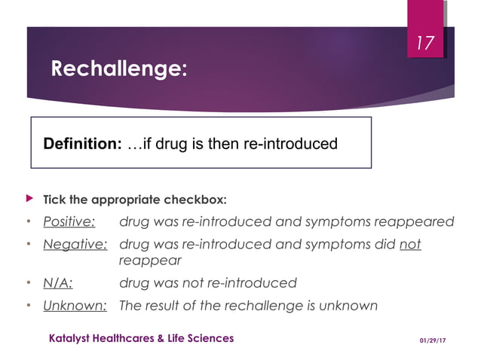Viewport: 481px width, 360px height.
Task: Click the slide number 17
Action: [426, 44]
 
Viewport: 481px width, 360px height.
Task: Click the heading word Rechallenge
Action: [118, 69]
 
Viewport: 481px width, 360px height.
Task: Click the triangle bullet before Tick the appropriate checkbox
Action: [30, 199]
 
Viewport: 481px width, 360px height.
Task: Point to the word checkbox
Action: [197, 200]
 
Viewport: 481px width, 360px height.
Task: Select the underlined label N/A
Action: [57, 283]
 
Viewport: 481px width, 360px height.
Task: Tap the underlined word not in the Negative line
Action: [410, 245]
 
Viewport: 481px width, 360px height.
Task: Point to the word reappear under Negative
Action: [151, 261]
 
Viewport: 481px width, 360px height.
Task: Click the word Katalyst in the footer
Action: [72, 338]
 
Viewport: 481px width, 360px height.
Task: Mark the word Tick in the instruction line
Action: [55, 200]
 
